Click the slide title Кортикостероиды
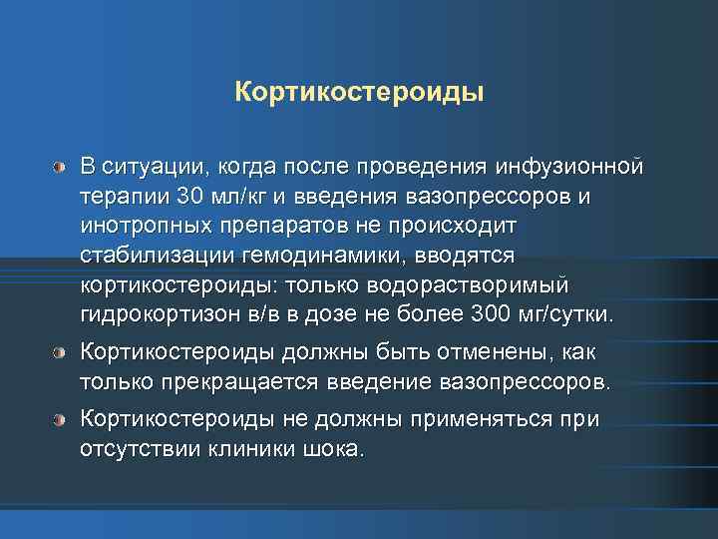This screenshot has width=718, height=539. [x=359, y=92]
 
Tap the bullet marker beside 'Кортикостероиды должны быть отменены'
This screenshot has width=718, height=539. [x=62, y=353]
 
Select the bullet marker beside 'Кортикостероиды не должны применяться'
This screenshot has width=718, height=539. [x=62, y=419]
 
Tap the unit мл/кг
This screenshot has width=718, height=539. [x=225, y=195]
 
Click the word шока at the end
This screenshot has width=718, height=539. [x=336, y=448]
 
